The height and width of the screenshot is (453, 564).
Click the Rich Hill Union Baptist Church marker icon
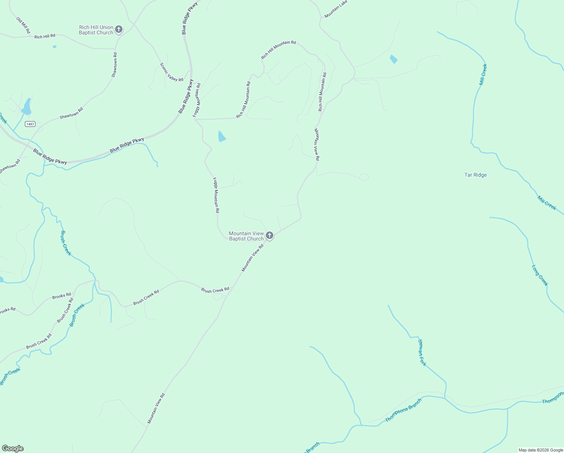(x=119, y=29)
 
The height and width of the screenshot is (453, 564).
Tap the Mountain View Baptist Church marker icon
(x=269, y=236)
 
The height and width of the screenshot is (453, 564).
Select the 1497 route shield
(x=30, y=124)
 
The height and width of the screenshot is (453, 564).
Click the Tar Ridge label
(x=475, y=175)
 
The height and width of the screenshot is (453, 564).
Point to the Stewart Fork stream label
(x=422, y=353)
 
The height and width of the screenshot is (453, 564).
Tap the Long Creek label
(x=540, y=275)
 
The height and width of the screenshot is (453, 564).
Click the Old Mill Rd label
(x=23, y=25)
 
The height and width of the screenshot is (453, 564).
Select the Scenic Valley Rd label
(x=172, y=72)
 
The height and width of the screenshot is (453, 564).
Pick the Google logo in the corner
(x=12, y=448)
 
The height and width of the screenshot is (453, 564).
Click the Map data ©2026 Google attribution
(x=541, y=450)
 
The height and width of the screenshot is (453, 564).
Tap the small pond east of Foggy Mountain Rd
(x=222, y=136)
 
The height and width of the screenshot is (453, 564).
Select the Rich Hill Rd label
(x=44, y=37)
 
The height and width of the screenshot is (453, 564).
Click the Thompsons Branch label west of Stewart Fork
(x=403, y=410)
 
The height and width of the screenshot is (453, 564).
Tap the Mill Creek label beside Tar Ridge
(x=547, y=203)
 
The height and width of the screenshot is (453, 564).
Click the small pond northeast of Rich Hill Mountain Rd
(x=393, y=59)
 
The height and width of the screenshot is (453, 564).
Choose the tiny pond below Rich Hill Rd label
(x=55, y=47)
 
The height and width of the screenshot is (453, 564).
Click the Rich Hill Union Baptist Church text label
(x=96, y=30)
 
